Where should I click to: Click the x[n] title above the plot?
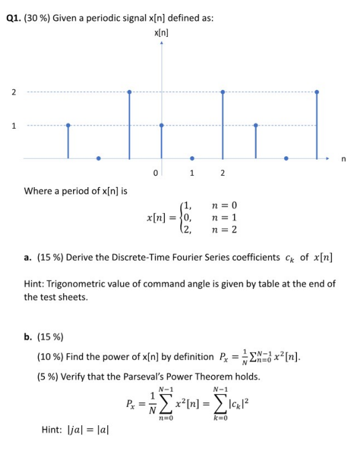pyautogui.click(x=161, y=32)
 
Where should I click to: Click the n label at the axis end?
pyautogui.click(x=343, y=159)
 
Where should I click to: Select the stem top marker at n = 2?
pyautogui.click(x=223, y=92)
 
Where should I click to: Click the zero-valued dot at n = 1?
pyautogui.click(x=192, y=158)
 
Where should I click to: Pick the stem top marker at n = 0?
pyautogui.click(x=161, y=125)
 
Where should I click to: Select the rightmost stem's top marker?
pyautogui.click(x=316, y=92)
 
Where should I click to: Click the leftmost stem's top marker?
pyautogui.click(x=68, y=125)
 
